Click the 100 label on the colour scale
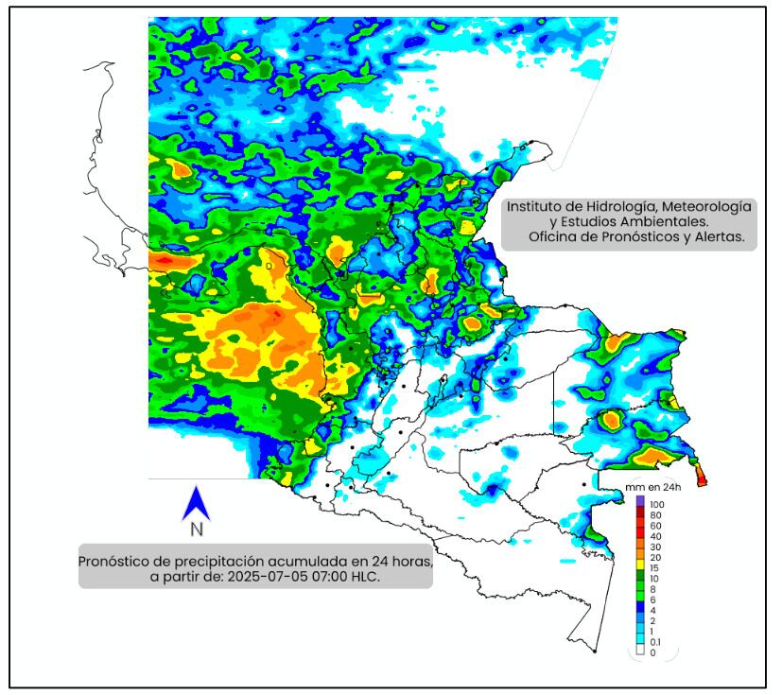click(x=657, y=505)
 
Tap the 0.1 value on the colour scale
click(x=655, y=642)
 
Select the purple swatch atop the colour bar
click(x=640, y=501)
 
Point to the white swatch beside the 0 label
click(x=640, y=652)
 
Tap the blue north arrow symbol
click(x=195, y=503)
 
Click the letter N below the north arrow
click(x=196, y=530)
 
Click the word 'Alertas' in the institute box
click(x=720, y=237)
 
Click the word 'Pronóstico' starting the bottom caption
click(x=119, y=560)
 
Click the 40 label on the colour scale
click(x=654, y=536)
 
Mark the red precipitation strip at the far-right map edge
click(x=701, y=474)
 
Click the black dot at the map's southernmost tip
click(x=594, y=652)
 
